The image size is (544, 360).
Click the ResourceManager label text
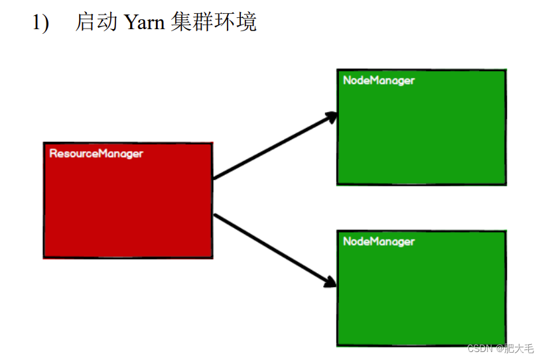coord(96,153)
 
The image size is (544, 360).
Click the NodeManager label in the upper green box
coord(379,80)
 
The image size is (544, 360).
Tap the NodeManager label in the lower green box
coord(379,241)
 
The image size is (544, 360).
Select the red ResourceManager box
coord(128,206)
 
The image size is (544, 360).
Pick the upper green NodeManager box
coord(421,133)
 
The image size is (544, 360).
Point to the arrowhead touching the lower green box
coord(331,283)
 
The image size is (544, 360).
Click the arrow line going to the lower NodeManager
coord(272,249)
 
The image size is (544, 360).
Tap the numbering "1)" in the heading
coord(41,23)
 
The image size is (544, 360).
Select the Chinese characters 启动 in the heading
coord(96,23)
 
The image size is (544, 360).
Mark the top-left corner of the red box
coord(44,143)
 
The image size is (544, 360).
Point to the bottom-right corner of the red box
coord(212,257)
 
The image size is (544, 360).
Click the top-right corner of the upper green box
coord(506,70)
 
